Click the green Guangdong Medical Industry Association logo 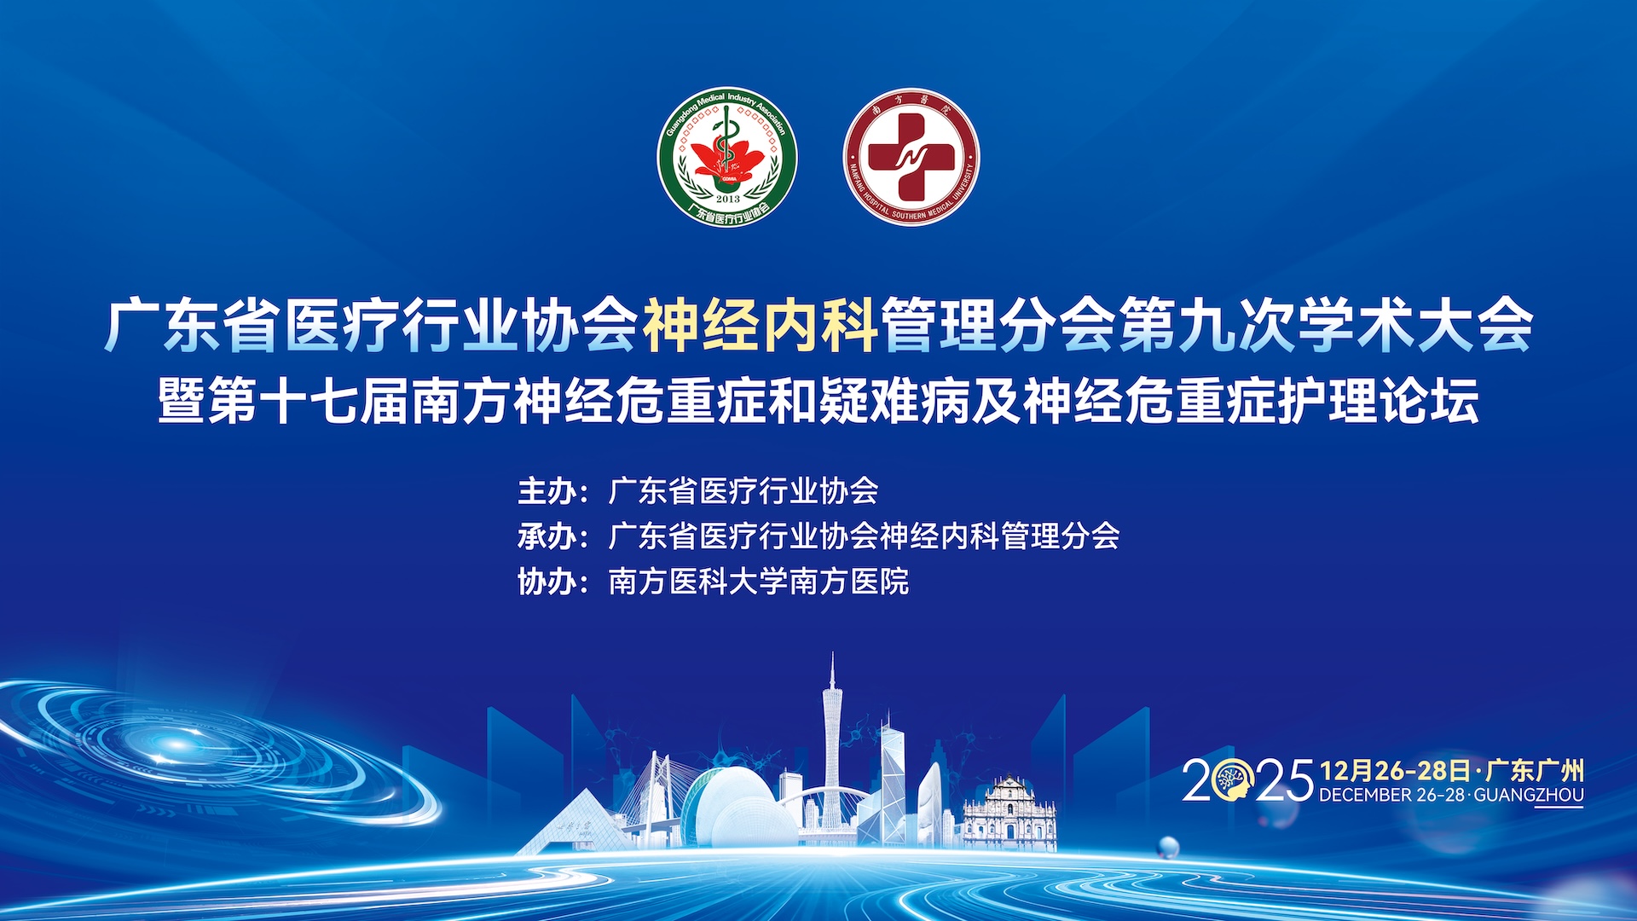tap(727, 157)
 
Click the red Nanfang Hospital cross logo tap(911, 157)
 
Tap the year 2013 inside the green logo tap(728, 198)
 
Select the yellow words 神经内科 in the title tap(761, 325)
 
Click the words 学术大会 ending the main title tap(1415, 325)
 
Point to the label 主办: tap(552, 491)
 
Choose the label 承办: tap(552, 536)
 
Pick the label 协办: tap(552, 582)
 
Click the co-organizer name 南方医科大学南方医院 tap(759, 582)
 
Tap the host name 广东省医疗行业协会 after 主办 tap(743, 491)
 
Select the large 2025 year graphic tap(1247, 779)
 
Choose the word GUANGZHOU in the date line tap(1529, 795)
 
